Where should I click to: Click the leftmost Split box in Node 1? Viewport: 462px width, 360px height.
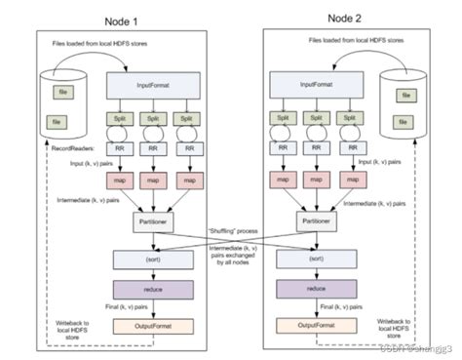[118, 119]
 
